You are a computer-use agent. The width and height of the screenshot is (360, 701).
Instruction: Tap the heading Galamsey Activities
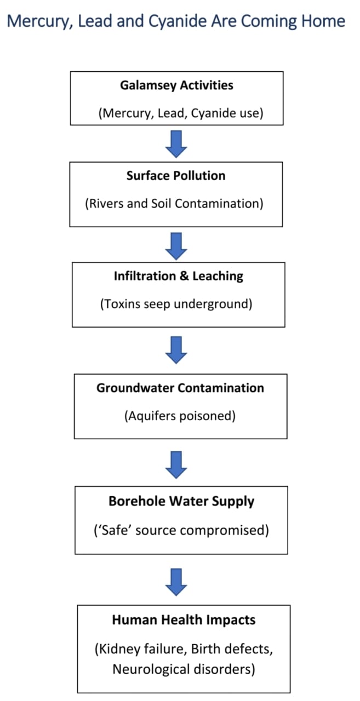click(176, 85)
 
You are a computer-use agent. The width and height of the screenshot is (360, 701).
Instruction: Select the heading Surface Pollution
click(176, 176)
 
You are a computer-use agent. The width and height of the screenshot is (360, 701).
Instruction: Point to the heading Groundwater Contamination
click(180, 388)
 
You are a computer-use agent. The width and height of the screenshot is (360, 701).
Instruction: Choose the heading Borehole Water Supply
click(181, 501)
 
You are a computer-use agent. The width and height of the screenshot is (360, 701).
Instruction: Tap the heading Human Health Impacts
click(184, 620)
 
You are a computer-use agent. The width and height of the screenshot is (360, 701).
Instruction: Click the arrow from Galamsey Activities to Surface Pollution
click(176, 143)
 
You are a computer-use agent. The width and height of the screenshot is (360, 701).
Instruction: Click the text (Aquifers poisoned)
click(180, 416)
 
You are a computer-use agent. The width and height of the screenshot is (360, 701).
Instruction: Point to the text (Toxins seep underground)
click(176, 304)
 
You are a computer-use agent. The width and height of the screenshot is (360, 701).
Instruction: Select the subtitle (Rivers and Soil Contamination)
click(174, 203)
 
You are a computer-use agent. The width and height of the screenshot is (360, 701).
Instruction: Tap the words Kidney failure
click(134, 649)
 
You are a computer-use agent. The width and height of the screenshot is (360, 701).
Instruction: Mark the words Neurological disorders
click(184, 669)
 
